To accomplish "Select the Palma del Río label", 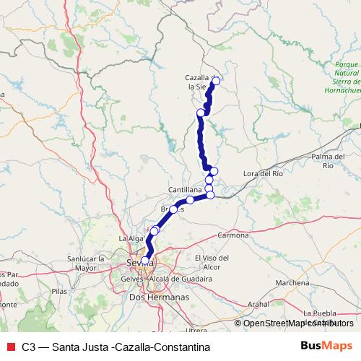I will [x=329, y=161].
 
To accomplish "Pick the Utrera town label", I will [x=196, y=330].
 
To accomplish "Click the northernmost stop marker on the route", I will [x=216, y=80].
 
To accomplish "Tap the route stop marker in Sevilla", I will [x=145, y=261].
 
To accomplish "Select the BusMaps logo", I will [x=326, y=346].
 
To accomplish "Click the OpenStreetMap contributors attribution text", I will [x=298, y=323].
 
